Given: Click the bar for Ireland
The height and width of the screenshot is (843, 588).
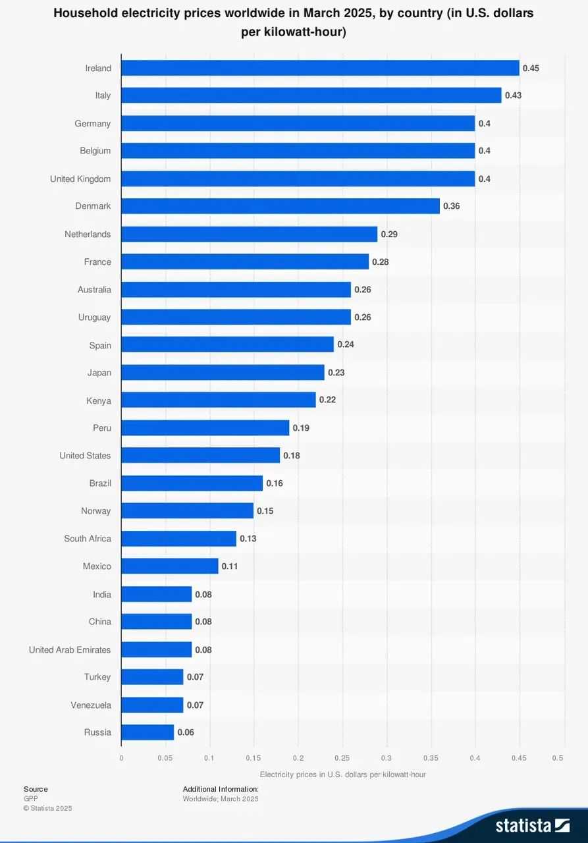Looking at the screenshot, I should point(320,68).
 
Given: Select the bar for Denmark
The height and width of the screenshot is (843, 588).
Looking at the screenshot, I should point(281,206).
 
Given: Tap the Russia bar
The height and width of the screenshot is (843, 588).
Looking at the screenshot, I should point(147,732).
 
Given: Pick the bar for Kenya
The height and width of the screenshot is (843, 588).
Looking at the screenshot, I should point(219,400).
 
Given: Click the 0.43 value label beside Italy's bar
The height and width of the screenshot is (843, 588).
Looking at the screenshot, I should point(513,95).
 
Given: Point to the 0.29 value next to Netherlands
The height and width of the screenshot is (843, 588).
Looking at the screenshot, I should point(389,234).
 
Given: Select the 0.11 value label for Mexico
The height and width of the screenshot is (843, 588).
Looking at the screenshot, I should point(230,566).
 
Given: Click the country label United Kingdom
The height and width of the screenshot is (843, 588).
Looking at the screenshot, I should point(80,179).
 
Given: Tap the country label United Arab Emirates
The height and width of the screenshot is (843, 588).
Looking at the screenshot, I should point(70,649).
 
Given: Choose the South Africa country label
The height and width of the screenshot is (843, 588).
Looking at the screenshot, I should point(88,539).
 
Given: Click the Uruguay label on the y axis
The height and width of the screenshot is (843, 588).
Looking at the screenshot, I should point(94,317).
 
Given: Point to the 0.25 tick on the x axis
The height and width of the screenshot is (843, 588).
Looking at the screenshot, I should point(342,758).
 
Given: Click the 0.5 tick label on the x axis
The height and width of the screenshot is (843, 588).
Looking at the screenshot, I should point(558,758).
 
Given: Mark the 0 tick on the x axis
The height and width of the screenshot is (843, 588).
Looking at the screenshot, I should point(121,758).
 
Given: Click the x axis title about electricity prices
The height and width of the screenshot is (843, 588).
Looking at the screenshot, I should point(342,775).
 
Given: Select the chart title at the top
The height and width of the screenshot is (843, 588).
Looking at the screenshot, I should point(294,22).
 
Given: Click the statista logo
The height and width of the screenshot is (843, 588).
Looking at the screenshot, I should point(532,825).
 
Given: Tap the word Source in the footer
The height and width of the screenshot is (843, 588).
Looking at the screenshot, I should point(36,789).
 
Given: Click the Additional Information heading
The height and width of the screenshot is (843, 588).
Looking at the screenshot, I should point(221,789).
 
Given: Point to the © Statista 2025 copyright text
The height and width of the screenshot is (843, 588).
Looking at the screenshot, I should point(47,808).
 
